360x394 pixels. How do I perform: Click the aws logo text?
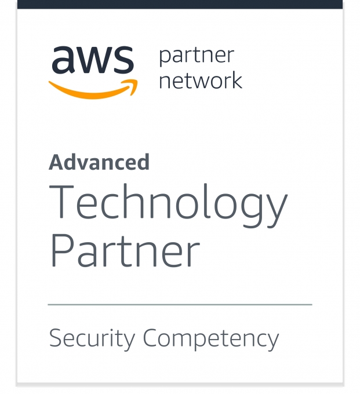93,60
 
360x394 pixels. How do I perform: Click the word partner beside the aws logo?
197,57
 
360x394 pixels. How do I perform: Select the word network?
201,80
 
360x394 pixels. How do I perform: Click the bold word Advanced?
99,162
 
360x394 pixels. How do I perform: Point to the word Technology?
168,205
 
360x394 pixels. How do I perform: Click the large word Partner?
125,250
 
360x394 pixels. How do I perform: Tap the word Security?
92,339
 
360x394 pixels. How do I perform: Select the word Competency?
211,339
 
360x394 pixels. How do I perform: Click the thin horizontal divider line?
180,305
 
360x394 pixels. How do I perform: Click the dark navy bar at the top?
180,4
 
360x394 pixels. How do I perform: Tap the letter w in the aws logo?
94,60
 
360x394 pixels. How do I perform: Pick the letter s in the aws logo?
123,60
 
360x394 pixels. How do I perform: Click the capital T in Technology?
61,201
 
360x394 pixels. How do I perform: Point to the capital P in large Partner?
63,250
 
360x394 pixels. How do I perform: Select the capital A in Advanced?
57,162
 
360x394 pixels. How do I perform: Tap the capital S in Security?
57,337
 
